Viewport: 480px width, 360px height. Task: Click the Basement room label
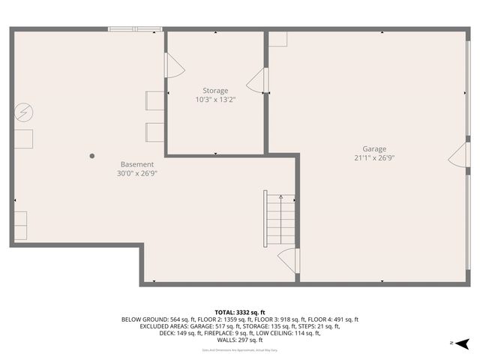137,164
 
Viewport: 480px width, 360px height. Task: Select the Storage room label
215,91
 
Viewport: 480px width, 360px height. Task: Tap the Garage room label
374,149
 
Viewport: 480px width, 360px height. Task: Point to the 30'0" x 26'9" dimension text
137,173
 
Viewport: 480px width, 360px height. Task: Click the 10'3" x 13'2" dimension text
215,100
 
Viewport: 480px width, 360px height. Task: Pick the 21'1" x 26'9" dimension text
374,158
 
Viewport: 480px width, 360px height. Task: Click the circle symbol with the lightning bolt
23,112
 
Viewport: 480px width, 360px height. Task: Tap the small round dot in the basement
92,156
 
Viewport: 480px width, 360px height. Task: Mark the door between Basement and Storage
172,65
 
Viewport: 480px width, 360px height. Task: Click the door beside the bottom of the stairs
289,260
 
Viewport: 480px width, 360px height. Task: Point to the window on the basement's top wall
135,29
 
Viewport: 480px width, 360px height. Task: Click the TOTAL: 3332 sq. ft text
239,312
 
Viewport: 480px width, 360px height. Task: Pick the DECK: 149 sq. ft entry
166,333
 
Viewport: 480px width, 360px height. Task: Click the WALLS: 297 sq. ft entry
239,340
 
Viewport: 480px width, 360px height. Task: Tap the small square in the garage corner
277,39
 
